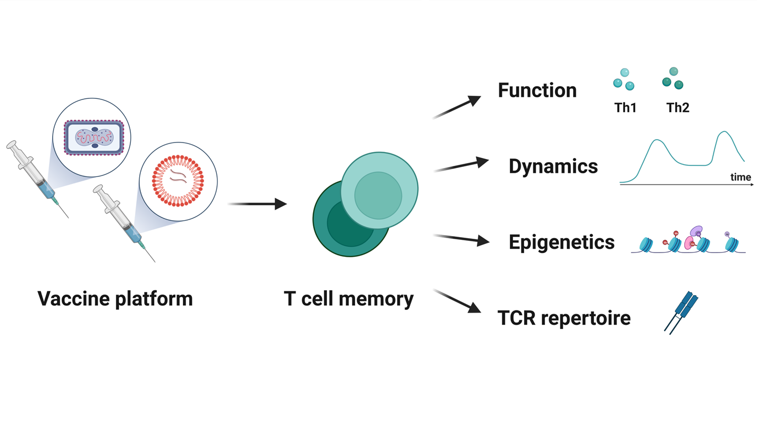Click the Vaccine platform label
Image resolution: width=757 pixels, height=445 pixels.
(x=115, y=299)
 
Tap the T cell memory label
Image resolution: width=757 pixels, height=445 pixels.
(x=349, y=299)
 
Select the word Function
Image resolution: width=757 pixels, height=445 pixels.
(x=537, y=90)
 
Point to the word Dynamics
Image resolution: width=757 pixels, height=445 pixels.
(x=553, y=166)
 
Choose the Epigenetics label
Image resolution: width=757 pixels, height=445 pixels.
(x=561, y=242)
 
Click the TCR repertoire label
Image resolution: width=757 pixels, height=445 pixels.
(x=564, y=318)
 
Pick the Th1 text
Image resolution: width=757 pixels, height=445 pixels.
(x=625, y=108)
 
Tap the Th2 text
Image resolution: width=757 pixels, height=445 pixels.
(x=678, y=108)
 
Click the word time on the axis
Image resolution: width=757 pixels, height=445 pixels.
(x=740, y=178)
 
